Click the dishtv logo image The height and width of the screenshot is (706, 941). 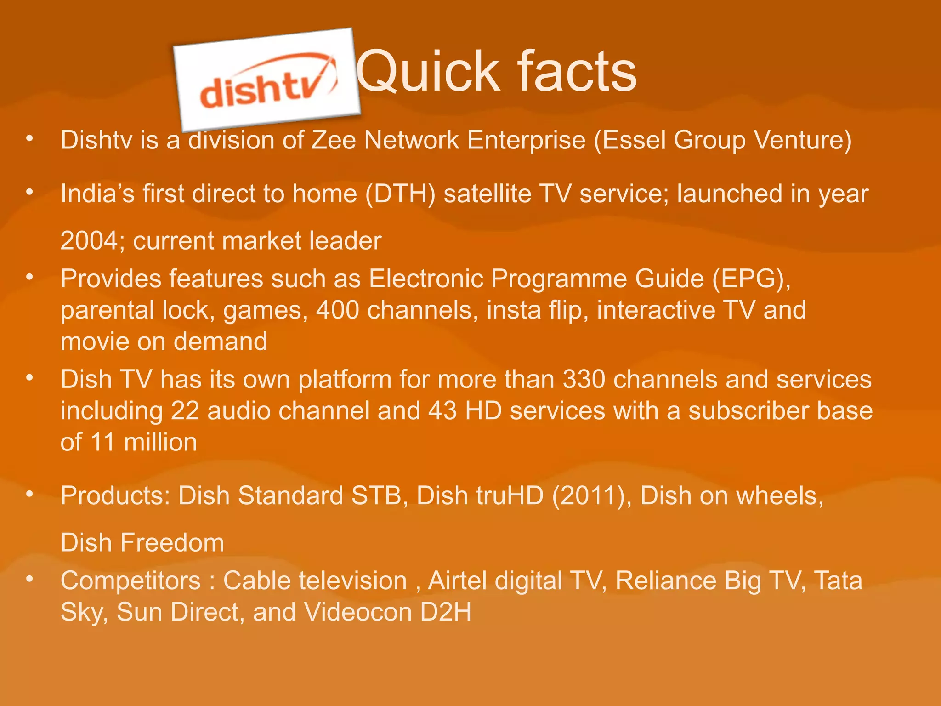click(267, 80)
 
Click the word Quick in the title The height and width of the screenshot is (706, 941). click(428, 72)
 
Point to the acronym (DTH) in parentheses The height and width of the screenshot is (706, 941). click(400, 194)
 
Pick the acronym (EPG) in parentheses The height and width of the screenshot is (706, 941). click(751, 279)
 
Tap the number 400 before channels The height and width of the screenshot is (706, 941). click(337, 310)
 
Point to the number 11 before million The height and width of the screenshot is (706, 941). click(102, 442)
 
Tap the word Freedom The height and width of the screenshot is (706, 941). click(172, 543)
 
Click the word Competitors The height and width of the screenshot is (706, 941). click(131, 581)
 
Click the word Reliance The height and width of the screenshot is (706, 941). click(666, 581)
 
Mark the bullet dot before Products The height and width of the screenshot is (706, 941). click(30, 494)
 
